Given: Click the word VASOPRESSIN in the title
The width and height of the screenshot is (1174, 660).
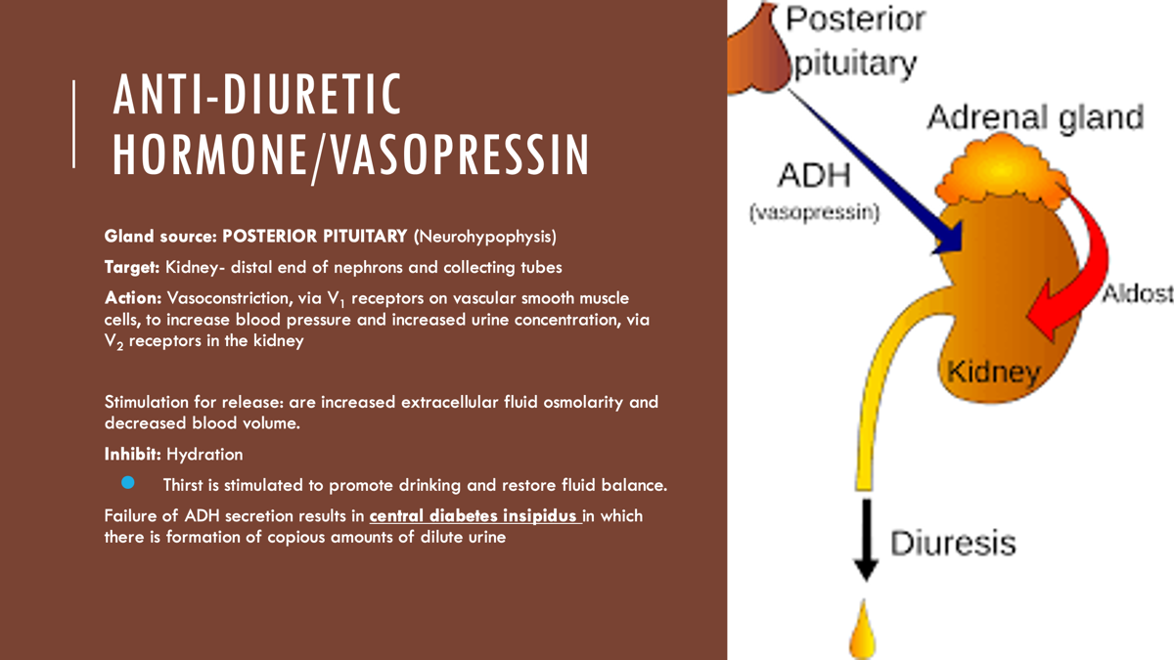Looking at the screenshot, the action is pyautogui.click(x=459, y=154).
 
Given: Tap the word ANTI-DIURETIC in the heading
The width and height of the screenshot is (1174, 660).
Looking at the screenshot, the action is pyautogui.click(x=256, y=94).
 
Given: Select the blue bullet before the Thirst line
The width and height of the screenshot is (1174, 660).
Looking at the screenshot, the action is pyautogui.click(x=128, y=482).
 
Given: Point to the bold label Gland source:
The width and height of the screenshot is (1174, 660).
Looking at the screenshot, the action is pyautogui.click(x=160, y=237).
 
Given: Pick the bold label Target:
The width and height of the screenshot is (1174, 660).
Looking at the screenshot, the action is pyautogui.click(x=132, y=267).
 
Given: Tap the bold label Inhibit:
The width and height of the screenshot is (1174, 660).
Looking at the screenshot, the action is pyautogui.click(x=133, y=454).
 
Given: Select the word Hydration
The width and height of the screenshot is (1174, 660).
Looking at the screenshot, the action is pyautogui.click(x=204, y=454).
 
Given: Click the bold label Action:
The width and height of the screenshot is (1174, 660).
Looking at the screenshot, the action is pyautogui.click(x=133, y=298).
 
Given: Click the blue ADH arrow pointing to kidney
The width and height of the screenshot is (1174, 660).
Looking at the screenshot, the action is pyautogui.click(x=877, y=172).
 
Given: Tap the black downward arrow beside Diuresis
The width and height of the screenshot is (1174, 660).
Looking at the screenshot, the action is pyautogui.click(x=867, y=540).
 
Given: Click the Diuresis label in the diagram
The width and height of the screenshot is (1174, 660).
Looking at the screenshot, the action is pyautogui.click(x=953, y=543).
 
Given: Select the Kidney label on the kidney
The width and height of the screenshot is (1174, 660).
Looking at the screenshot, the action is pyautogui.click(x=994, y=373).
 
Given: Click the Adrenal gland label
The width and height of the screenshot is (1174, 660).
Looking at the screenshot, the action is pyautogui.click(x=1036, y=116).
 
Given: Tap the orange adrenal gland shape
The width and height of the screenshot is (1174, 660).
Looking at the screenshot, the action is pyautogui.click(x=1002, y=170).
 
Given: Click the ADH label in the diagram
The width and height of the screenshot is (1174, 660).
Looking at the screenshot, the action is pyautogui.click(x=814, y=175).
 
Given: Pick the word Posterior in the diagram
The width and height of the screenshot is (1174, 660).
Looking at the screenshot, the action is pyautogui.click(x=856, y=20).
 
